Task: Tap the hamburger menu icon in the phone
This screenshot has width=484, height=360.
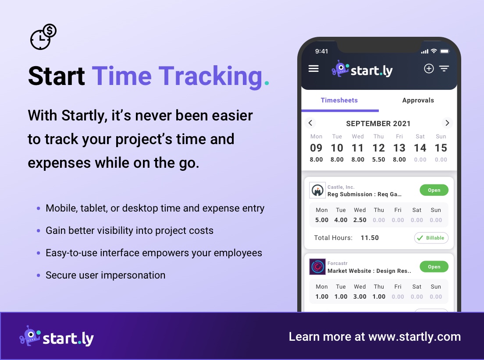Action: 313,69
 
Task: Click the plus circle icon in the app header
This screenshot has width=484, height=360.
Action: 428,68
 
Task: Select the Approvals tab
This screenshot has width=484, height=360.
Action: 418,100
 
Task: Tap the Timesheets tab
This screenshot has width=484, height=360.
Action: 339,100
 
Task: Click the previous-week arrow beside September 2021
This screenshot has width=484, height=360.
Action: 310,123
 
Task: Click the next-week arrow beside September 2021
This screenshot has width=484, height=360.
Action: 447,123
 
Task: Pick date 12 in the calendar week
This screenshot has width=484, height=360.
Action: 378,148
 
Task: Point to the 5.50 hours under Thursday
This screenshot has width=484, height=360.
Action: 378,160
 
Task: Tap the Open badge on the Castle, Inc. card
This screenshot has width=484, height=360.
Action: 434,190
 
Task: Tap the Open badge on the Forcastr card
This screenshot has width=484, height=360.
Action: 434,267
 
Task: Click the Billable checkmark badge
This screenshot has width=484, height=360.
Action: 431,238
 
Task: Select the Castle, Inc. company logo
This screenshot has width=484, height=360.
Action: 317,190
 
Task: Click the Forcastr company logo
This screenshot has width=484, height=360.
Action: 317,267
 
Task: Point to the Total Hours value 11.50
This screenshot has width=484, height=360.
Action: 370,238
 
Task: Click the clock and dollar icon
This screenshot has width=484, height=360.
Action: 43,37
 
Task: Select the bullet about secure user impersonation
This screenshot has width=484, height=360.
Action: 105,275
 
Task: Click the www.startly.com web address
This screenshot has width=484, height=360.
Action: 414,337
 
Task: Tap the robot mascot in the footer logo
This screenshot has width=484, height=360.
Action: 30,336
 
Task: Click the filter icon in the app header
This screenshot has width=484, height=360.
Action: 444,68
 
